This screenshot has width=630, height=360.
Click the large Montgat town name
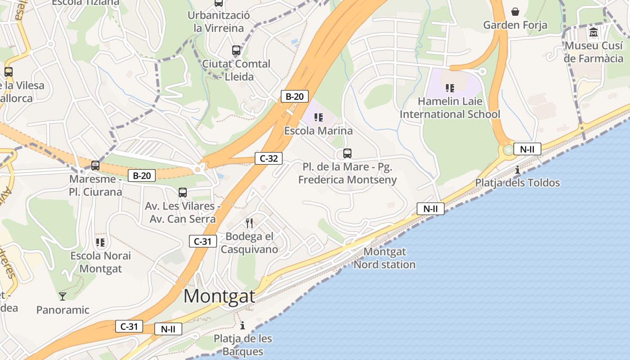(x=219, y=296)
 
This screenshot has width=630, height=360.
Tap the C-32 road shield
(x=269, y=158)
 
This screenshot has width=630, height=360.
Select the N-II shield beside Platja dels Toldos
(x=527, y=149)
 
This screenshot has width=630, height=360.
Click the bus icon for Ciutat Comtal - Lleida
(x=236, y=50)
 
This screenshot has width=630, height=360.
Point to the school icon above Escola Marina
(x=319, y=118)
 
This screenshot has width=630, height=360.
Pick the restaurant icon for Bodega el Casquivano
(x=249, y=223)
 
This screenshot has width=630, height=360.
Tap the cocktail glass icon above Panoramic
(x=63, y=296)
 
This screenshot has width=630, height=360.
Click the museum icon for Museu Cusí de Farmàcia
(x=594, y=32)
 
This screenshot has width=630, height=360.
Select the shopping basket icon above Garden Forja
(x=515, y=12)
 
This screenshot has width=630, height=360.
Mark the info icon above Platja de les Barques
(x=243, y=325)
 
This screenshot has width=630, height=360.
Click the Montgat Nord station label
(x=384, y=258)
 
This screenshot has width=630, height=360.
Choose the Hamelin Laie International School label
(x=450, y=108)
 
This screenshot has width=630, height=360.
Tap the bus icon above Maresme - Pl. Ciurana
(x=95, y=166)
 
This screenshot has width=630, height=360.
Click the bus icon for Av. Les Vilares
(x=182, y=193)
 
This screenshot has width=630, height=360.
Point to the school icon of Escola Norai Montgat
(x=100, y=243)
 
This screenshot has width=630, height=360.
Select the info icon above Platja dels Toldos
(x=517, y=170)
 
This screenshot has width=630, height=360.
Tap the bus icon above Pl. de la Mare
(x=347, y=153)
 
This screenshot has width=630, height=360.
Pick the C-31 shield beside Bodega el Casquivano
(x=202, y=241)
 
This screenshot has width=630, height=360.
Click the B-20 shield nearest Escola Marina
(x=294, y=96)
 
